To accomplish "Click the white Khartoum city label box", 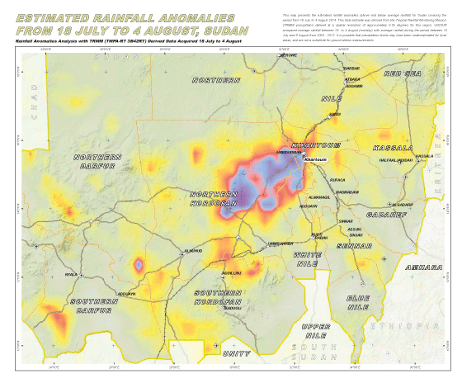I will click(318, 160).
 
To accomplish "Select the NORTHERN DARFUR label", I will click(97, 162).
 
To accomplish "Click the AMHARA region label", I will click(420, 268).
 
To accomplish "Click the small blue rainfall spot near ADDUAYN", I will click(139, 264).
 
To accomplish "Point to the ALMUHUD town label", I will click(193, 250).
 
